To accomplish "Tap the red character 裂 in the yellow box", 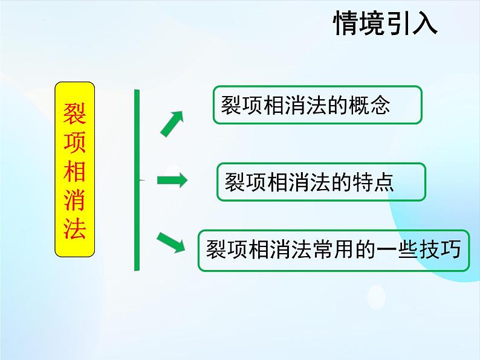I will [75, 112].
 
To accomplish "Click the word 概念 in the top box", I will [372, 106].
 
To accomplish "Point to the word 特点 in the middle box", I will [376, 182].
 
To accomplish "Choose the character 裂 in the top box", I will [232, 106].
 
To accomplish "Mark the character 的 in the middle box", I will [342, 182].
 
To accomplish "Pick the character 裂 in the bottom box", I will [216, 249].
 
